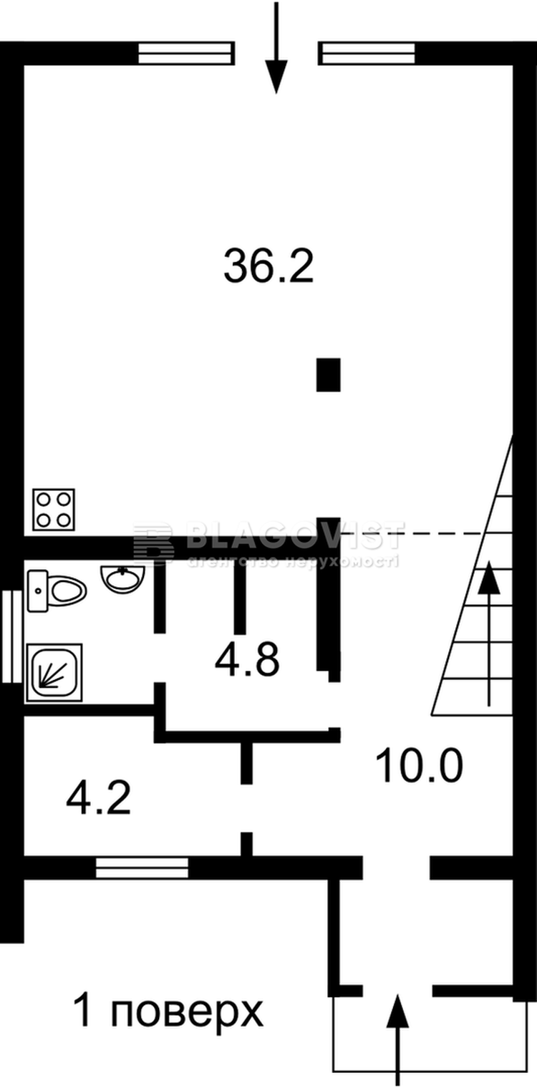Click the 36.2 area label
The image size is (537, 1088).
click(268, 266)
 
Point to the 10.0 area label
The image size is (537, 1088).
click(420, 766)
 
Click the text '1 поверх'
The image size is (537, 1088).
click(169, 1012)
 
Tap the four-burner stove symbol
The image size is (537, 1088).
click(54, 509)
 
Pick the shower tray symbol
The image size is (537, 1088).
click(54, 671)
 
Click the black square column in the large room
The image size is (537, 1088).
click(328, 375)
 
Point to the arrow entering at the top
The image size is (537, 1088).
click(276, 50)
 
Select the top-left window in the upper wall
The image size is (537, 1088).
click(186, 54)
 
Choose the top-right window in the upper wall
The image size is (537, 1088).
click(367, 54)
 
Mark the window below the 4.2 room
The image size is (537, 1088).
click(142, 868)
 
